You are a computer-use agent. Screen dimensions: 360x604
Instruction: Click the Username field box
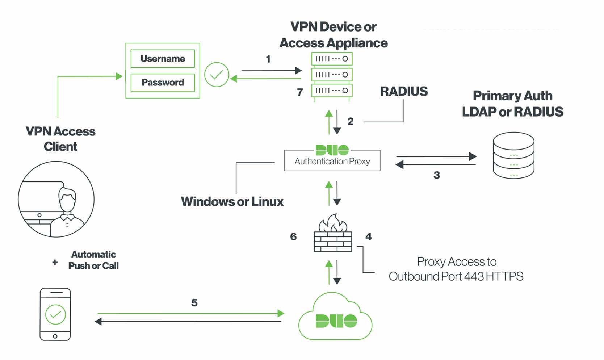coord(163,59)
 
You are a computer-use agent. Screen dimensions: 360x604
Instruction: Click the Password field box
coord(163,83)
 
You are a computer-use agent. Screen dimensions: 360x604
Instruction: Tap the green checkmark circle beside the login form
coord(217,75)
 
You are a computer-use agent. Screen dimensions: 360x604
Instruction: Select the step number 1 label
coord(268,59)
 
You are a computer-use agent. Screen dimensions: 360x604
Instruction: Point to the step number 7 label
coord(300,92)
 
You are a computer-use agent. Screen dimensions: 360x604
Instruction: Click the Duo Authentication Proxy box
coord(332,161)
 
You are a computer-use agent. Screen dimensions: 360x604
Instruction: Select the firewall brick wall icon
coord(333,240)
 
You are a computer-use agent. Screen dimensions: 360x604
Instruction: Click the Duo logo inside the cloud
coord(336,321)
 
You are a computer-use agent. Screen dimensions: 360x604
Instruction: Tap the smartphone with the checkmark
coord(55,314)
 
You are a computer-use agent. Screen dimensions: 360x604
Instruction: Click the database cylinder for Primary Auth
coord(513,155)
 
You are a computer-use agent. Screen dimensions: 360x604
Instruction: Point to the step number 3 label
coord(437,175)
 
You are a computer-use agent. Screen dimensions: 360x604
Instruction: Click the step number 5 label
coord(194,303)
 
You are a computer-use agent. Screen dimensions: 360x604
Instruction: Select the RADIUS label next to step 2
coord(404,91)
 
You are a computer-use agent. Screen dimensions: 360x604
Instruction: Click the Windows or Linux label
coord(232,202)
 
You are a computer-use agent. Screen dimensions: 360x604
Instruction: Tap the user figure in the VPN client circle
coord(67,212)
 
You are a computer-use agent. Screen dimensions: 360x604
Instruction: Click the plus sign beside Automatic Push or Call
coord(55,262)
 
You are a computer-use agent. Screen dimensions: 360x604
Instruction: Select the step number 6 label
coord(293,237)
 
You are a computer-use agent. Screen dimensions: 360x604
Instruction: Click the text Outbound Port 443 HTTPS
coord(456,277)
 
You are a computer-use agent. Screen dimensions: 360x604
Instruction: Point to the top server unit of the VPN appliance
coord(332,59)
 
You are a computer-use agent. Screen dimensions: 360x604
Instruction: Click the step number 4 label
coord(369,237)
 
